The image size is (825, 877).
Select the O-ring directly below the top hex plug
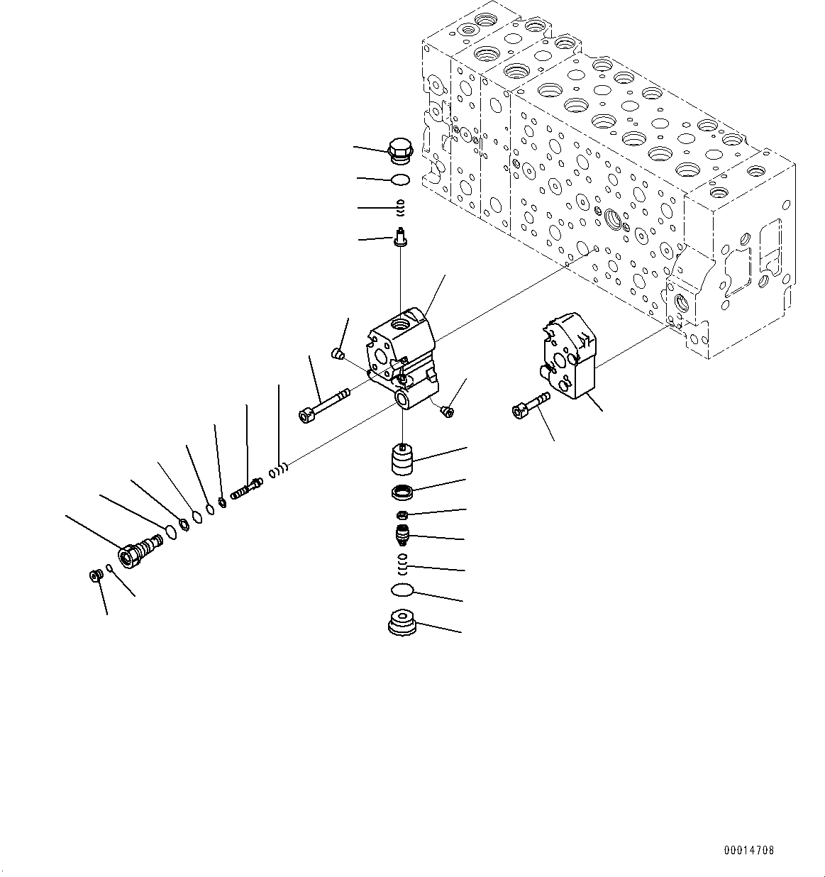click(401, 180)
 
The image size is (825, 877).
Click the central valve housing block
click(401, 351)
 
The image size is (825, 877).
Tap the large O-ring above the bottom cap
click(402, 590)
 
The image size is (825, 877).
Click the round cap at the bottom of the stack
click(402, 624)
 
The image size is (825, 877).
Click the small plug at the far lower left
click(93, 575)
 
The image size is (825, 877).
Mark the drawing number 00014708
click(749, 850)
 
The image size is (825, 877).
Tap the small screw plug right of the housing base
click(446, 411)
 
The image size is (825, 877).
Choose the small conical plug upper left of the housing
click(338, 353)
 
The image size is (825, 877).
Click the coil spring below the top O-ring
click(400, 206)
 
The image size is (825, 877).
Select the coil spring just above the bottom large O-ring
click(402, 562)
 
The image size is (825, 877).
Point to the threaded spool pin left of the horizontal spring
click(246, 489)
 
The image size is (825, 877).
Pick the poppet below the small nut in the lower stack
click(402, 534)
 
